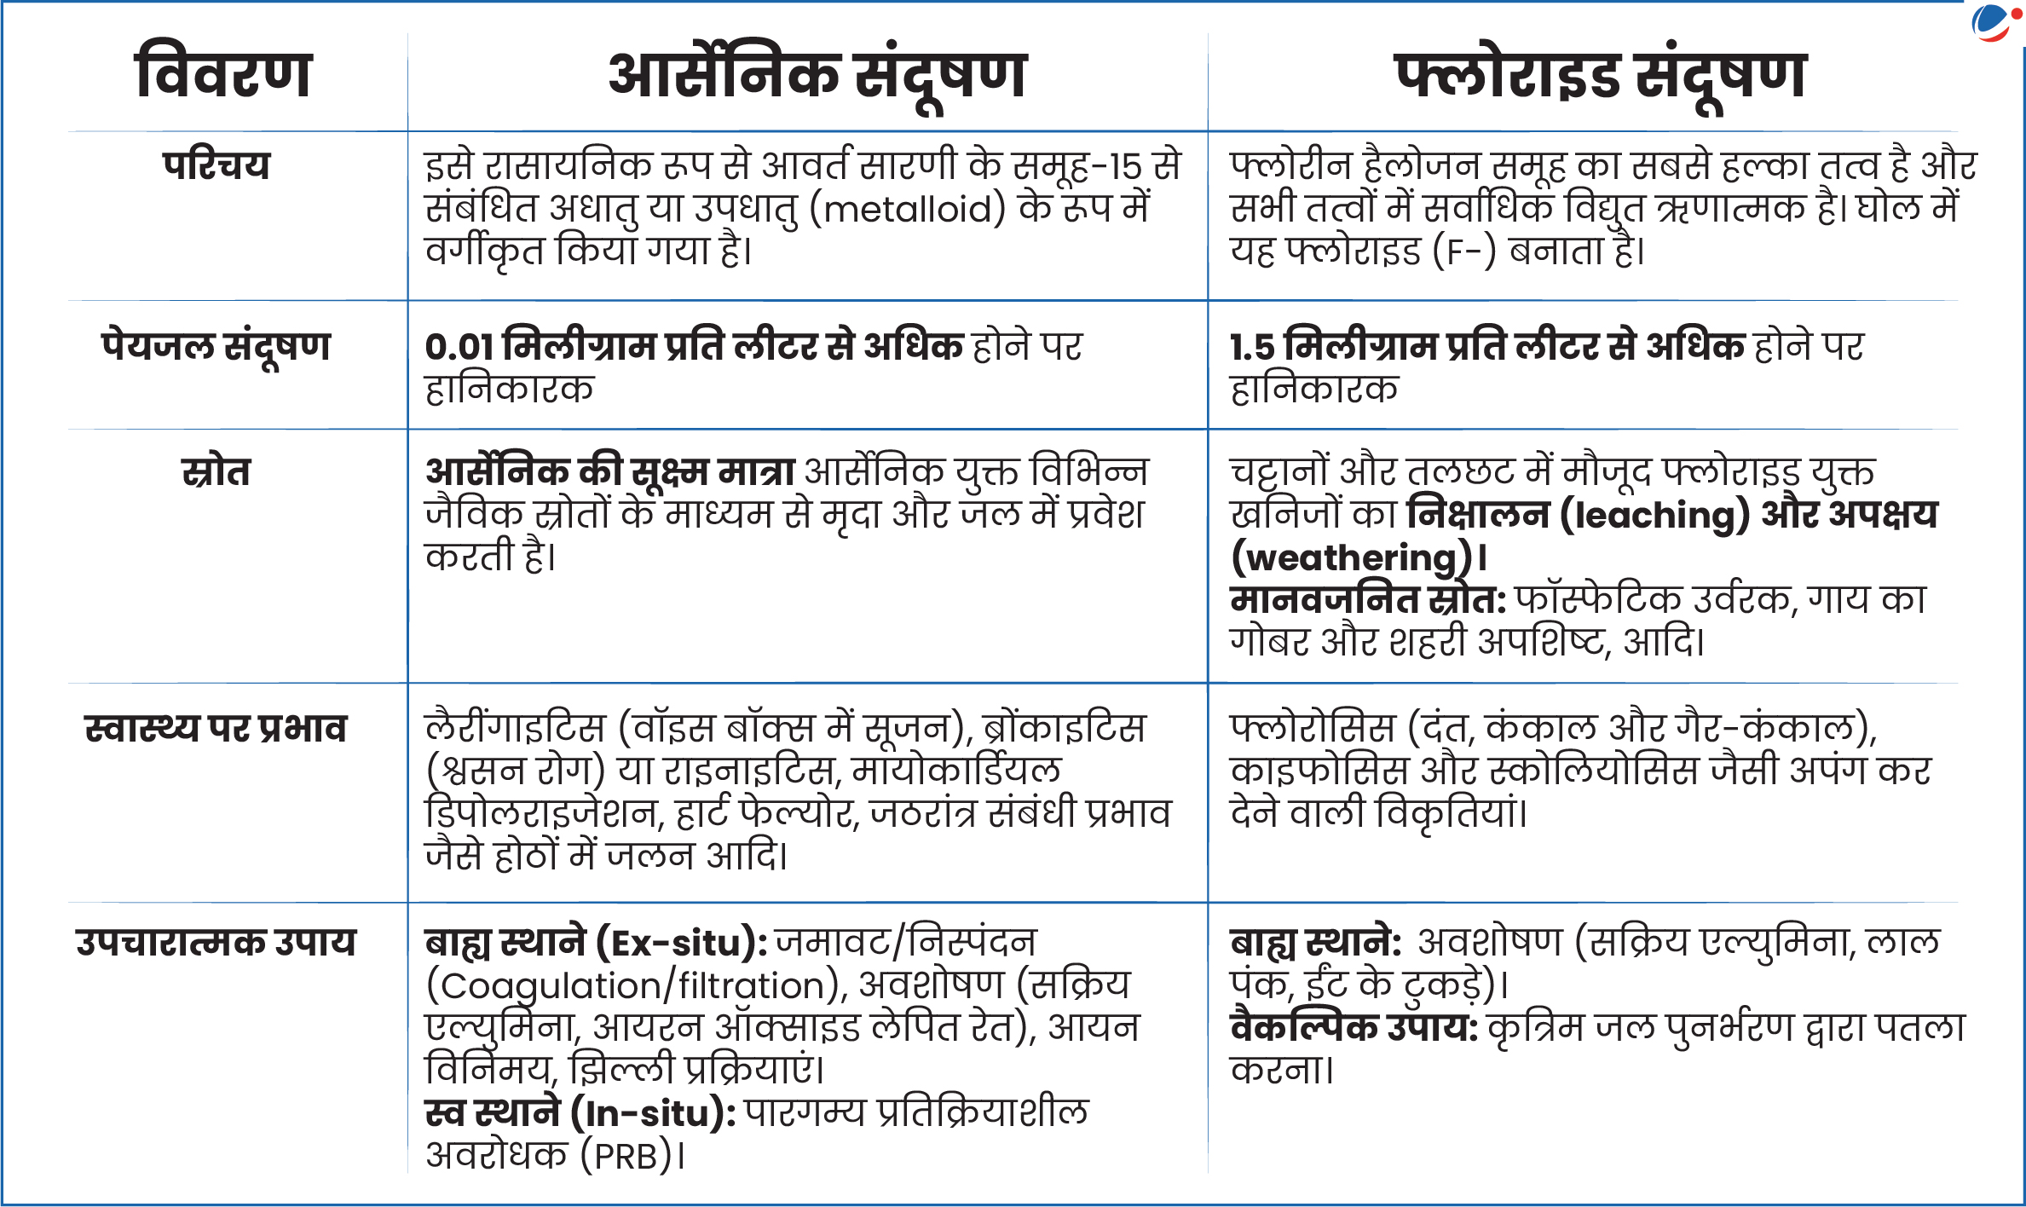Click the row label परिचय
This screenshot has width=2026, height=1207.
tap(216, 165)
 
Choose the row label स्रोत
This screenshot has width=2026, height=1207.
tap(216, 472)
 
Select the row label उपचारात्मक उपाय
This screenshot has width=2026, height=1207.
tap(216, 943)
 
